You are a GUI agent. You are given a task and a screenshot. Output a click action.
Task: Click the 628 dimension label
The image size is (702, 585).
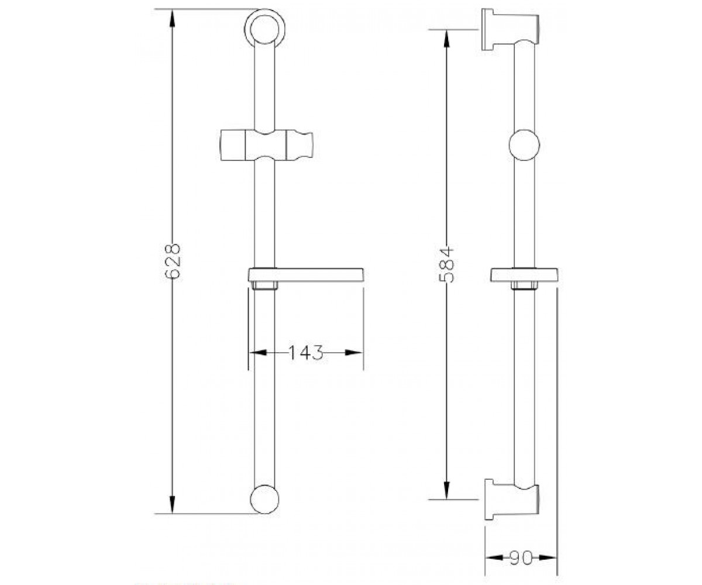pyautogui.click(x=173, y=261)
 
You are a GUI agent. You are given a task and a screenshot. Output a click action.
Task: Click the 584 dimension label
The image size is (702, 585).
pyautogui.click(x=447, y=264)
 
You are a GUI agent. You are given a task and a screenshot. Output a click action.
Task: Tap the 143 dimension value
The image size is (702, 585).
pyautogui.click(x=306, y=352)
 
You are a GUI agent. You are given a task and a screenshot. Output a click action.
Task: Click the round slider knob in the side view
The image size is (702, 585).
pyautogui.click(x=524, y=145)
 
